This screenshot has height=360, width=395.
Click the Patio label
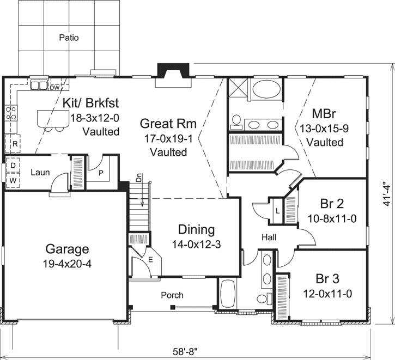69,38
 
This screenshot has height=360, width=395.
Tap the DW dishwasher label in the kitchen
54,87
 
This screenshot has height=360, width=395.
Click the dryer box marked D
12,165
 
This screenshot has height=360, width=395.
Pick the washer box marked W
12,179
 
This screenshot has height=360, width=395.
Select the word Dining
196,230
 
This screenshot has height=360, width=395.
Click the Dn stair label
139,178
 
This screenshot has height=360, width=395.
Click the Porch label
172,295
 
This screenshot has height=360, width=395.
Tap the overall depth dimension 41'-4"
386,193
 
